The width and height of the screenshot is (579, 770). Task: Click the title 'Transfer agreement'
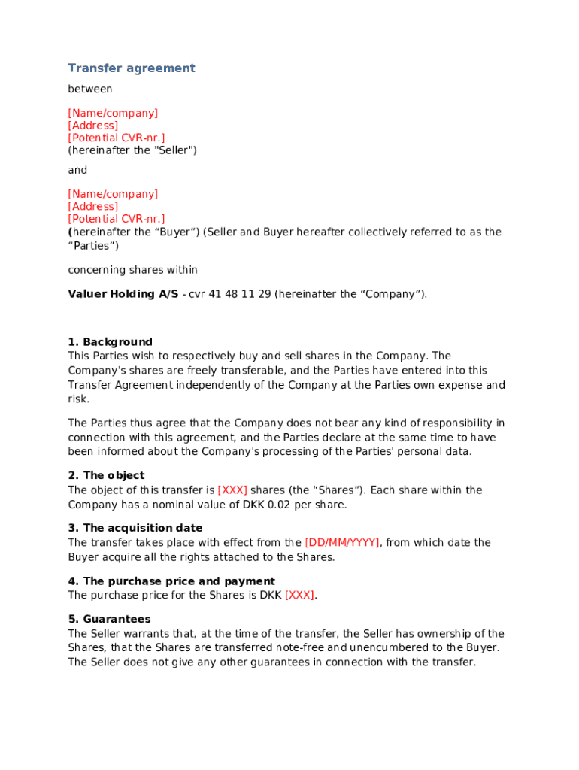point(132,68)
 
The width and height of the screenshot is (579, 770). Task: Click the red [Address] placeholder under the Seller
point(92,126)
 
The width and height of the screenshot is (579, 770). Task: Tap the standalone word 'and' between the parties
point(77,170)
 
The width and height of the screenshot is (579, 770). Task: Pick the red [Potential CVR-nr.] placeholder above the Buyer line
point(117,219)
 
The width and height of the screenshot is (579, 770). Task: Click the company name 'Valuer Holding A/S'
point(123,294)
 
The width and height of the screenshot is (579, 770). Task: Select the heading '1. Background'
point(110,342)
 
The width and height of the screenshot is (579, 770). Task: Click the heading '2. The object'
point(106,476)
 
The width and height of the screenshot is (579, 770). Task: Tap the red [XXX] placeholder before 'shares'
point(232,490)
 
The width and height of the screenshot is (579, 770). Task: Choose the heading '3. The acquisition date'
point(135,529)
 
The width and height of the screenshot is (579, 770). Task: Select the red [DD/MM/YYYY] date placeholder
point(342,543)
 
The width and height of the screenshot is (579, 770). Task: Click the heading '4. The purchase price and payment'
point(171,581)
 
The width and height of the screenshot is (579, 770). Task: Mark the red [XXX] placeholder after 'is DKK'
point(299,596)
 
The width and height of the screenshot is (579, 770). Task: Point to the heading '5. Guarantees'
point(109,620)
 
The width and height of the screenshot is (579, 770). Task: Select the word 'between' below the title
point(90,89)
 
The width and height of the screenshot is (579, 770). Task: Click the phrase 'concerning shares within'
point(133,270)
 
